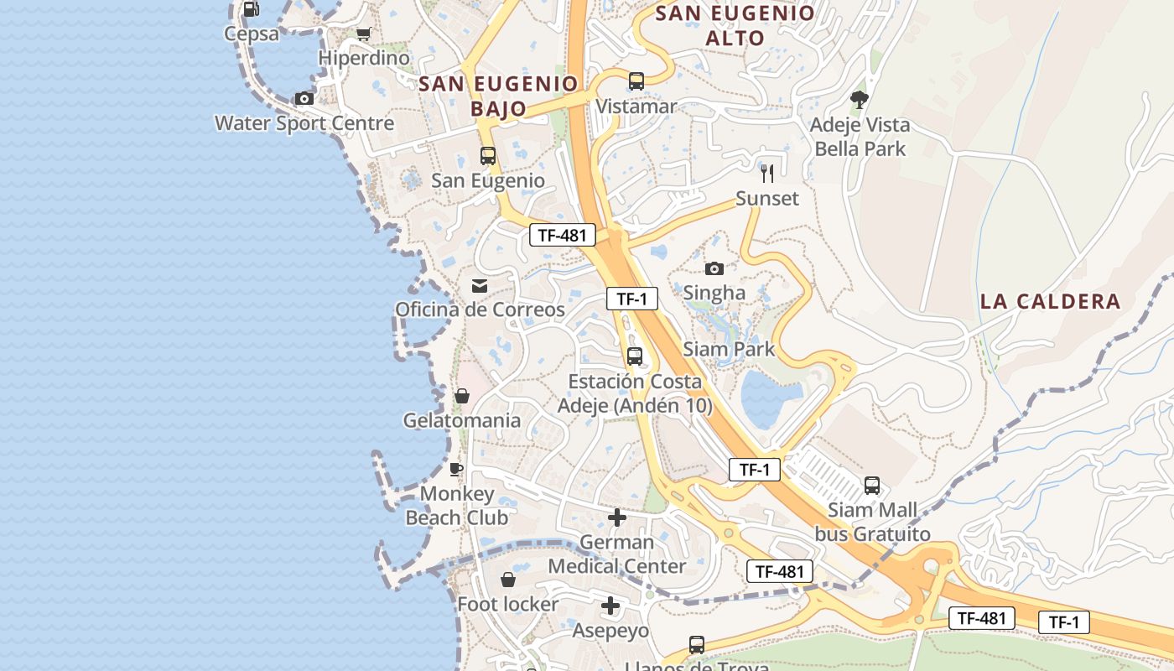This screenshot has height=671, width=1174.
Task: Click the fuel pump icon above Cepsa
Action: point(251,9)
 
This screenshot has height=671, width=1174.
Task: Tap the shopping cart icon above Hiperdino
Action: point(363,34)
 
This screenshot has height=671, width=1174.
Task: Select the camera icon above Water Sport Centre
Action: point(304,99)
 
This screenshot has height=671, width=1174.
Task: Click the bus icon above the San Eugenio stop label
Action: point(488,156)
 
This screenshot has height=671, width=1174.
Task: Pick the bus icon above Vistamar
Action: point(636,81)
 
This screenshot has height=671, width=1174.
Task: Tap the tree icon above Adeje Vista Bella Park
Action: point(859,100)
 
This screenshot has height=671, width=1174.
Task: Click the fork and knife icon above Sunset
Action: point(767,174)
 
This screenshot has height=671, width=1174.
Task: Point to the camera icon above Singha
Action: point(714,268)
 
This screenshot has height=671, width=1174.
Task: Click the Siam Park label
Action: point(729,349)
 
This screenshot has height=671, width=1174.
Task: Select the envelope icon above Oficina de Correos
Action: point(480,286)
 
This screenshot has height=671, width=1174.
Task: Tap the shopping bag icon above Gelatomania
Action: point(462,396)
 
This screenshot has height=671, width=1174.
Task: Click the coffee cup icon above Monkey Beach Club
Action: point(456,469)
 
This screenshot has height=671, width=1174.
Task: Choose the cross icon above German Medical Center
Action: point(617,518)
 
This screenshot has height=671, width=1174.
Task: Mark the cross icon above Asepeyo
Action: point(610,606)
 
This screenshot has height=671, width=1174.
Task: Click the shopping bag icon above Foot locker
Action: point(508,580)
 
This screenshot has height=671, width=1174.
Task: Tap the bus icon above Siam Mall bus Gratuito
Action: point(872,486)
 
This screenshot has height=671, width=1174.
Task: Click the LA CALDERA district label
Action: point(1050,302)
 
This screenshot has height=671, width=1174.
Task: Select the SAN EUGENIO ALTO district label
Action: point(735,25)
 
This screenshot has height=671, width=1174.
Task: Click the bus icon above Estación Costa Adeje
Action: point(635,356)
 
